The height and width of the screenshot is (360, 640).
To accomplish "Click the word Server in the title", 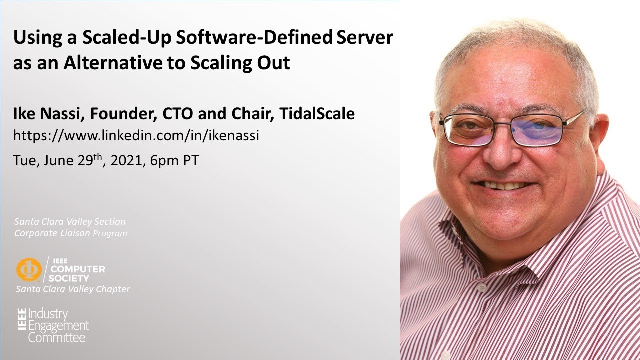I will (364, 38).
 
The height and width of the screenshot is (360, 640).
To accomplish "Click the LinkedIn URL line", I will (136, 135).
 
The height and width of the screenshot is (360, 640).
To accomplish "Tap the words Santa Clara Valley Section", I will (70, 221).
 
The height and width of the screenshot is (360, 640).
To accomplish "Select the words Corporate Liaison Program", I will (70, 233).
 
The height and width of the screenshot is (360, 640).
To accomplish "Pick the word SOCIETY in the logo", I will (70, 278).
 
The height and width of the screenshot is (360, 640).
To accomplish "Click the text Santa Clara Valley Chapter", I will (73, 289).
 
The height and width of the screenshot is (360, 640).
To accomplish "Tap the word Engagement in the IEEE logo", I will (58, 326).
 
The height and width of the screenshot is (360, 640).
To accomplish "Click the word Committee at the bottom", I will (56, 338).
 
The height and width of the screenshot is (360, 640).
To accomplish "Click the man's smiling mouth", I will (502, 185).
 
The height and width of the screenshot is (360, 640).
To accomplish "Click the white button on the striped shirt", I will (481, 288).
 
